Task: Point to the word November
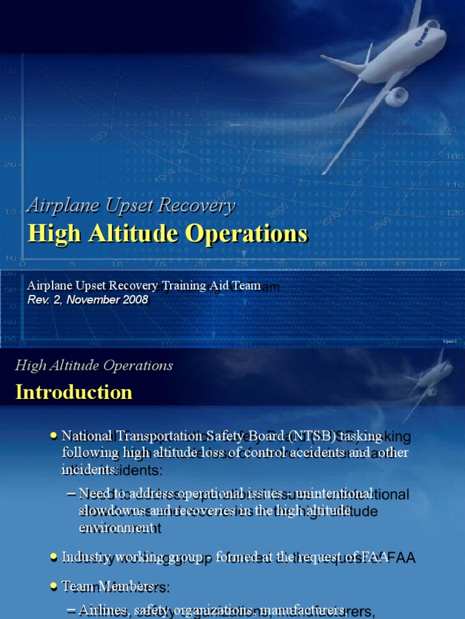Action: click(x=92, y=299)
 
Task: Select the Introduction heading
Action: click(x=74, y=392)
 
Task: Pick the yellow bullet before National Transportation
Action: click(x=54, y=435)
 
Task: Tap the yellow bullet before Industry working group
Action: click(x=54, y=555)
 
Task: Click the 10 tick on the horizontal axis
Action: click(x=116, y=264)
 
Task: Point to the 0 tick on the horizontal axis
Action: click(x=23, y=264)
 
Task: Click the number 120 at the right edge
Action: click(x=455, y=213)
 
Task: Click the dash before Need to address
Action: click(x=70, y=493)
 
